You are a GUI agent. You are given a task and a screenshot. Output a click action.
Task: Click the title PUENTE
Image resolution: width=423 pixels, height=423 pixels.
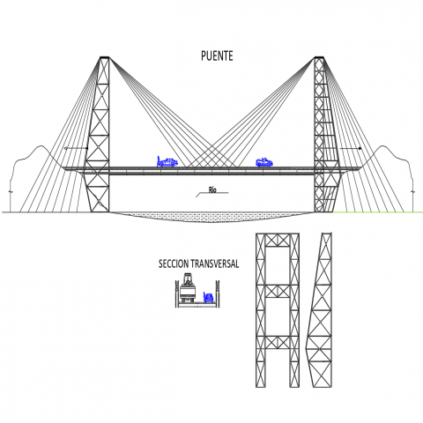217,56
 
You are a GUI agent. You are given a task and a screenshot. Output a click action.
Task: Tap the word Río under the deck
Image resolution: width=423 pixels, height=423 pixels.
212,189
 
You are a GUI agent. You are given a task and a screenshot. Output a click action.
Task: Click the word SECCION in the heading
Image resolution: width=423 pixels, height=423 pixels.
174,263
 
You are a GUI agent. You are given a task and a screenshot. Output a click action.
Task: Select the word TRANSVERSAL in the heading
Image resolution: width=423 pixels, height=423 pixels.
215,263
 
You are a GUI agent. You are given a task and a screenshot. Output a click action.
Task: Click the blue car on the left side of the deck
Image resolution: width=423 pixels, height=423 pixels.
167,161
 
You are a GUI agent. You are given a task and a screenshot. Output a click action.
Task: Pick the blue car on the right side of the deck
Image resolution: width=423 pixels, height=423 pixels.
264,162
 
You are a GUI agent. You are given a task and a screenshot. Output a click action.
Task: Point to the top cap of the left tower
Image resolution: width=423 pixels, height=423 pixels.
104,57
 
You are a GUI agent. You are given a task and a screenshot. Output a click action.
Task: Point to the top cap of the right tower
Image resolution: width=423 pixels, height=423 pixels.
319,57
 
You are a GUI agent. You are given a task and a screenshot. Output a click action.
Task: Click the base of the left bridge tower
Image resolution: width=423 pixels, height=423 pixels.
100,208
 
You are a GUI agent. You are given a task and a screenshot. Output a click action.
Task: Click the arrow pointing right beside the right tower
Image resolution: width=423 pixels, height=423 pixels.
351,149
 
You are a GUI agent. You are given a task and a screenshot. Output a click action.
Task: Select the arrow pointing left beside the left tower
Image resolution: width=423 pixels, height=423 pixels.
76,148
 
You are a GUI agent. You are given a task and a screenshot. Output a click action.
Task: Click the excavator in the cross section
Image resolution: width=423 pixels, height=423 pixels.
187,288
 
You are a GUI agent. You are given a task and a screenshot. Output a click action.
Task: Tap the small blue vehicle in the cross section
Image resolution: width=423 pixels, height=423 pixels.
208,298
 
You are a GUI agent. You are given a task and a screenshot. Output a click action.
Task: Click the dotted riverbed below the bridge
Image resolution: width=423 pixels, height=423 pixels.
211,217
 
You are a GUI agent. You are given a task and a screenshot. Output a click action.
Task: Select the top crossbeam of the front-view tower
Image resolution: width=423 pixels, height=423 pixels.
278,241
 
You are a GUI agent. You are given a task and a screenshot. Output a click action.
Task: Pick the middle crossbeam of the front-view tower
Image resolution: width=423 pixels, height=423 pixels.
278,292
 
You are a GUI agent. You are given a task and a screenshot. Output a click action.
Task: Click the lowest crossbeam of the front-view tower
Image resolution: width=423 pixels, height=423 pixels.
278,343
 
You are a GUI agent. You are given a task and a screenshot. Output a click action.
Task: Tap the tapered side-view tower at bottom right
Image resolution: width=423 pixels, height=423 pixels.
320,310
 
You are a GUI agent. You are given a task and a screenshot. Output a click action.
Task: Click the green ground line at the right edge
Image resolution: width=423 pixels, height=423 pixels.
378,211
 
